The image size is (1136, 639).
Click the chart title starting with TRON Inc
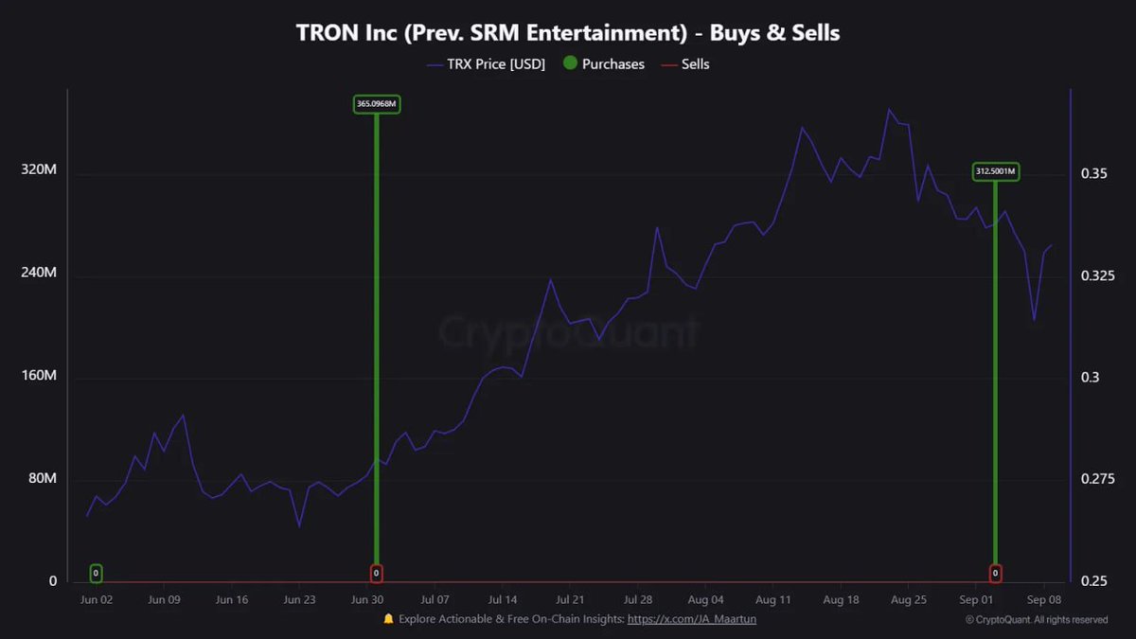click(568, 33)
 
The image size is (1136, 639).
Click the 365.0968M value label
click(377, 104)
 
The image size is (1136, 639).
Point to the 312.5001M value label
click(996, 171)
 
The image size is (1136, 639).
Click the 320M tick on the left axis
click(39, 170)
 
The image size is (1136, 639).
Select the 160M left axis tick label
click(39, 376)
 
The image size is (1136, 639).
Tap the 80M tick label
click(42, 478)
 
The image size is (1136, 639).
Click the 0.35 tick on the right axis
click(1093, 174)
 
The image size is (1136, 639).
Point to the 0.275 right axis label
click(1098, 479)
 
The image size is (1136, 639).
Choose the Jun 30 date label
click(367, 600)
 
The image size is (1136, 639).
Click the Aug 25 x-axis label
click(909, 600)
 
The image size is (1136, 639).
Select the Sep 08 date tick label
click(1044, 600)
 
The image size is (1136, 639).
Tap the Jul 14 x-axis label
click(503, 600)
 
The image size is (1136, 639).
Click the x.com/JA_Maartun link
click(692, 619)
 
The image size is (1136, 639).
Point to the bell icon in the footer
click(388, 619)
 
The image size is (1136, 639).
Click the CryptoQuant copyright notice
click(1037, 620)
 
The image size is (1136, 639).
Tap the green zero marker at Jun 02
click(96, 574)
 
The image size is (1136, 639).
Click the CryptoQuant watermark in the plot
click(568, 332)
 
